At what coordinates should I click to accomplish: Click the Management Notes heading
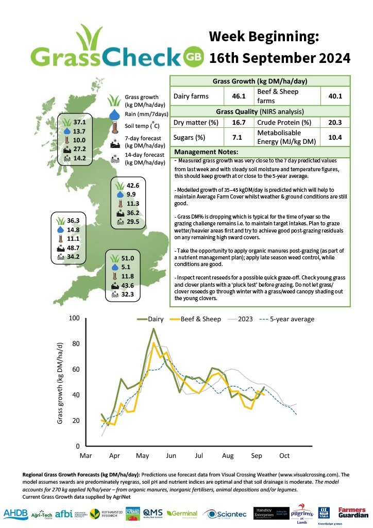tap(207, 152)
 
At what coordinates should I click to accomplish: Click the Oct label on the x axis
tap(284, 456)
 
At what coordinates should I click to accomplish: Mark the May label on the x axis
tap(143, 456)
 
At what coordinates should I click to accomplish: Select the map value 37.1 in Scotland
tap(79, 123)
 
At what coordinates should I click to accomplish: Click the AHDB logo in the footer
tap(16, 513)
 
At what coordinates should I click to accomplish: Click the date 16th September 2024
tap(280, 58)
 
